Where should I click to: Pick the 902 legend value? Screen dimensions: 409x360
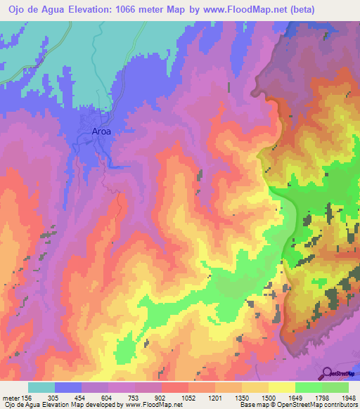(161, 397)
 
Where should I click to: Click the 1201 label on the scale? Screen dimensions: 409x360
(214, 397)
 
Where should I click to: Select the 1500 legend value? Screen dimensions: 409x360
(267, 397)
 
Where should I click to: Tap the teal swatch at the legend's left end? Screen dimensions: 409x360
(41, 387)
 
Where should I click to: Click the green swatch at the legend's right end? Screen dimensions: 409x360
(335, 387)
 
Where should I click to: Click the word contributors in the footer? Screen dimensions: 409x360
(339, 405)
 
